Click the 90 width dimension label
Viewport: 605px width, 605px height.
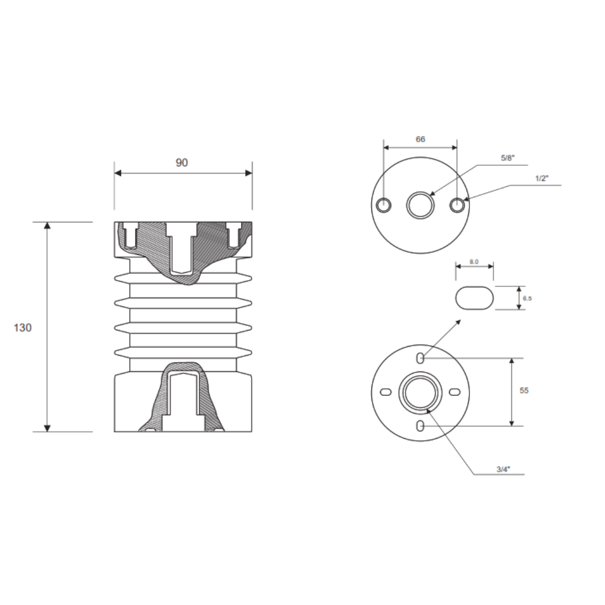182,162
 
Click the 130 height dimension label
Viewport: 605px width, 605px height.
22,328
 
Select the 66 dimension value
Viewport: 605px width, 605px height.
420,139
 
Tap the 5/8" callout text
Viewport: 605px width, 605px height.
507,159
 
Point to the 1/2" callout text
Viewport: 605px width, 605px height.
542,178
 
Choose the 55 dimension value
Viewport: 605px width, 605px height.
524,390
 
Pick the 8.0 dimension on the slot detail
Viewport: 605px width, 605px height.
474,261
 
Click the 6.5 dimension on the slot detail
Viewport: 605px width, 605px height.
527,299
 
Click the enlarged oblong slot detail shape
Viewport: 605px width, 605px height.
474,298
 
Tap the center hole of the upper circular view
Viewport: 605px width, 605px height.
420,206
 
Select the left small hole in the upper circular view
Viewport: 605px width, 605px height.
384,206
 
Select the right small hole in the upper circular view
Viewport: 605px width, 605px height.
457,206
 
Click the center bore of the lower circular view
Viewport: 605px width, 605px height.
420,392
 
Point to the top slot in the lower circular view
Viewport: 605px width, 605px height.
420,359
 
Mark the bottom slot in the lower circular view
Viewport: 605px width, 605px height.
420,426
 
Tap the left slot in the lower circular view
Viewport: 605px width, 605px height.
386,392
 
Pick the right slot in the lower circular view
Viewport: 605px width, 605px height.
455,392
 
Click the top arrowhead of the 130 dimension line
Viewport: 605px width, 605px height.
47,226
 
